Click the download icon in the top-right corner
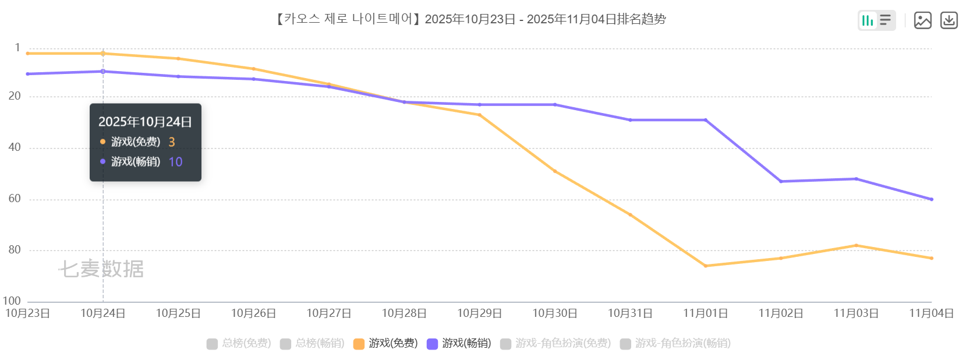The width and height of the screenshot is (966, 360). point(949,20)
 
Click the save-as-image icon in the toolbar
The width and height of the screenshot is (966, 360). point(922,20)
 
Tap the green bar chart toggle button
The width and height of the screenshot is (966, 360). point(868,20)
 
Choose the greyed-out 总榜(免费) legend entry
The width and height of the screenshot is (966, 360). point(239,343)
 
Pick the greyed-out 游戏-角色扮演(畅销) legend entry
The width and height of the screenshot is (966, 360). point(675,343)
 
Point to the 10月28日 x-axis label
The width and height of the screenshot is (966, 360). point(404,313)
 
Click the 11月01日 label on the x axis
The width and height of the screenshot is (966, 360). point(705,313)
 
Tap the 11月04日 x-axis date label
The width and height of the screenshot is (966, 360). point(931,313)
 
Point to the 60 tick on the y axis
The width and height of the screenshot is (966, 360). point(15,199)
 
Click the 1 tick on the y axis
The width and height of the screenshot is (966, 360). point(17,48)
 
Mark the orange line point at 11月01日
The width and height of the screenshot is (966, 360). point(706,266)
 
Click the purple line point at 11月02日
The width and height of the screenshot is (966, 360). point(781,181)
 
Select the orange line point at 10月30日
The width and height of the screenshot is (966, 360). point(555,171)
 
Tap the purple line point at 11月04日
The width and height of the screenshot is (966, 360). point(932,199)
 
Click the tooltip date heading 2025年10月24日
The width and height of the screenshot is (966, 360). point(145,122)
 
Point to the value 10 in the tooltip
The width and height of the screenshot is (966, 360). point(175,162)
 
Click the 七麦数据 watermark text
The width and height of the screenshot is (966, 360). point(101,269)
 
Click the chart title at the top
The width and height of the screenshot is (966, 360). point(470,19)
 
